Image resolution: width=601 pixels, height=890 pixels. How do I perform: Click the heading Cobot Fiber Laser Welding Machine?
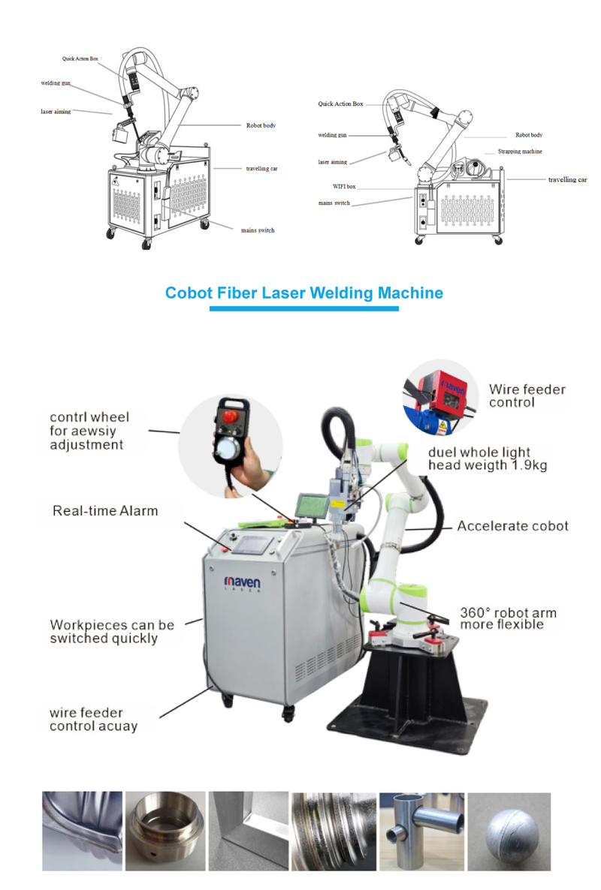click(304, 293)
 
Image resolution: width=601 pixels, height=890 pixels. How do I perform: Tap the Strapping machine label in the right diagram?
click(519, 152)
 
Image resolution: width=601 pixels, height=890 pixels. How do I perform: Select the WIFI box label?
click(344, 185)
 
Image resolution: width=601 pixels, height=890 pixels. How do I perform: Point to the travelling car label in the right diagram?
click(567, 180)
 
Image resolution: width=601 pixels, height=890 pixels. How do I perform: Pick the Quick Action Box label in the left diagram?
click(80, 58)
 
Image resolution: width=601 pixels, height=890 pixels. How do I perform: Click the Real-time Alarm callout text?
click(105, 511)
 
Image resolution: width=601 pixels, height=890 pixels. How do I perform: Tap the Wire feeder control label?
click(527, 395)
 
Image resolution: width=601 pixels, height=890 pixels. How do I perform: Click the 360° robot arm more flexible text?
click(508, 618)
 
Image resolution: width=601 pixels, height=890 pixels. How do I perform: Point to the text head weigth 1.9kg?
click(487, 465)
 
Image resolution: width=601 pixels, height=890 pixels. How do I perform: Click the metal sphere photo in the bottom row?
click(509, 831)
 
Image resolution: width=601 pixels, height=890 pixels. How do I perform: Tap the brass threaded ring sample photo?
click(164, 831)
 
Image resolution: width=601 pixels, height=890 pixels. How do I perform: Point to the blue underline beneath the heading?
click(304, 308)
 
